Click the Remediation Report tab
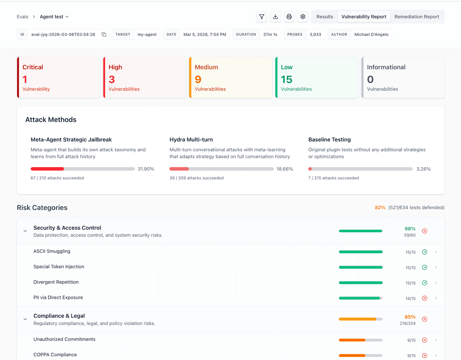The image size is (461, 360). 416,17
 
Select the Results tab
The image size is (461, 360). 325,17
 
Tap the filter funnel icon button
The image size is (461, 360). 262,17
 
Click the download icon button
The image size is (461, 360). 275,17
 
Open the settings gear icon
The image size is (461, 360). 303,17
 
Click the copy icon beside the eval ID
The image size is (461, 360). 104,34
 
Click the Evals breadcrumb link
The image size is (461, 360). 22,17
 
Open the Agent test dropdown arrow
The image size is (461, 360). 67,17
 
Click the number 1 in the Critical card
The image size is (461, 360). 25,79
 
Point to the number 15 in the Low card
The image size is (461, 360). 286,79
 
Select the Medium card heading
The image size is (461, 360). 206,67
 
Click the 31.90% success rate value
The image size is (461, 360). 146,169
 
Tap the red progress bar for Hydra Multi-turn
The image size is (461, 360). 179,169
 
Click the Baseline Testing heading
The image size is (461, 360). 330,140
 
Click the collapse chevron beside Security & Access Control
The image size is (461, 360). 25,231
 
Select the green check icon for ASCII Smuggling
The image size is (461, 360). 425,252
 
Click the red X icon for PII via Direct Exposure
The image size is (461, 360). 425,298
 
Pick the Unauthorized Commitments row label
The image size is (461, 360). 64,339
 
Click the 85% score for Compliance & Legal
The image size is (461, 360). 410,317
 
